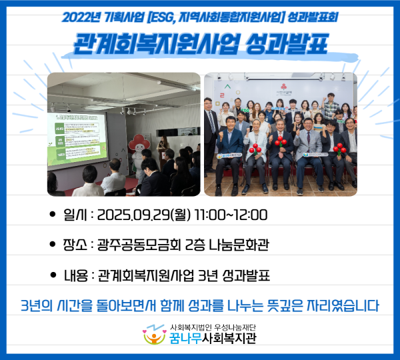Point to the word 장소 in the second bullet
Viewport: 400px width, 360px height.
click(77, 245)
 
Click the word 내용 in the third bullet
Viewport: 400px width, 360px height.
click(77, 275)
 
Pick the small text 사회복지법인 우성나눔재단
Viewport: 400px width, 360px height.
click(213, 327)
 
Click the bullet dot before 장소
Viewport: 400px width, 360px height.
click(53, 245)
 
